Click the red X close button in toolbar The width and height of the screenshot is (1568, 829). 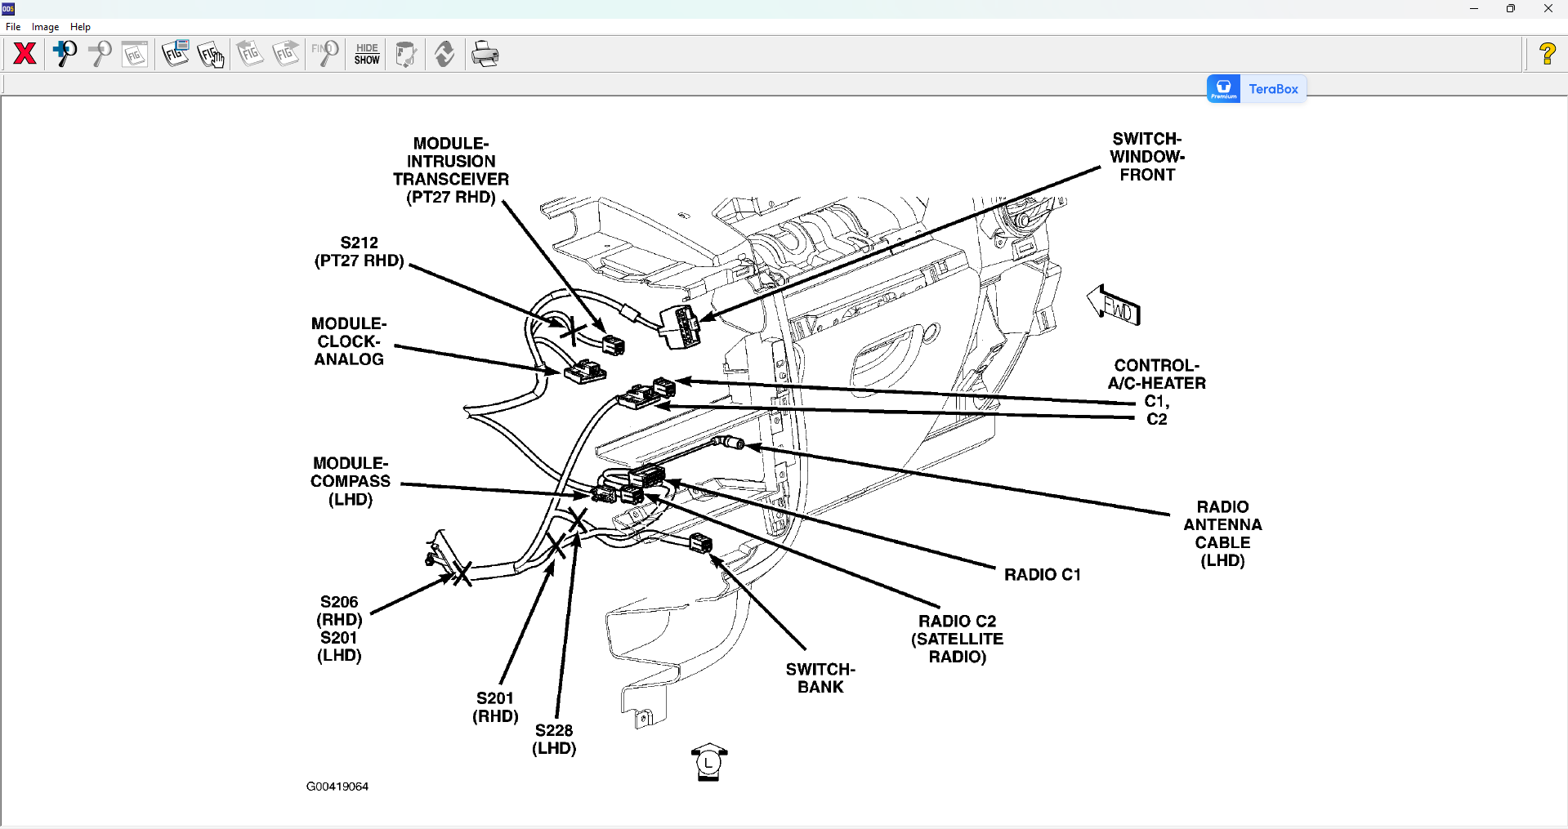click(x=25, y=54)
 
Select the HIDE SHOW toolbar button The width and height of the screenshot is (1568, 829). click(x=367, y=54)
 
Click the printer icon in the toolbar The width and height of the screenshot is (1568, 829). click(x=485, y=54)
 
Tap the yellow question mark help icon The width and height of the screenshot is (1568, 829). click(x=1547, y=55)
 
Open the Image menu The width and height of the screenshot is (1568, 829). click(x=45, y=27)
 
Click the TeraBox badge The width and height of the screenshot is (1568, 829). click(x=1257, y=89)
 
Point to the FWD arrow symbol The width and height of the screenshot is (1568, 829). click(x=1115, y=306)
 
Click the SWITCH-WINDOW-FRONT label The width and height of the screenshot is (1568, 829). click(x=1147, y=157)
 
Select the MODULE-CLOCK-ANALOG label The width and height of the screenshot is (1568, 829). click(x=349, y=341)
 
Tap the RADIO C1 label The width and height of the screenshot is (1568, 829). click(x=1042, y=575)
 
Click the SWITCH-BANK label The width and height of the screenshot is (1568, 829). click(x=820, y=678)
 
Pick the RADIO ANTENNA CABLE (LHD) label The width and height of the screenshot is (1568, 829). click(x=1222, y=533)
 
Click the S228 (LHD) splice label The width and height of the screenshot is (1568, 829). click(x=554, y=739)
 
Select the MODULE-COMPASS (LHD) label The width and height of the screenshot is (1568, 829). click(x=351, y=481)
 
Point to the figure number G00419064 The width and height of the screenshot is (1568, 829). click(x=337, y=787)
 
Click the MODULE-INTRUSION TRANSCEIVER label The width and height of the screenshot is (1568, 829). click(x=451, y=171)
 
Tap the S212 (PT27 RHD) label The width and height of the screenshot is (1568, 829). click(x=360, y=252)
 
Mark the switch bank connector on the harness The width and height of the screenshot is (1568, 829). click(x=701, y=542)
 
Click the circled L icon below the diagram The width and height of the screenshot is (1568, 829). click(x=708, y=763)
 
